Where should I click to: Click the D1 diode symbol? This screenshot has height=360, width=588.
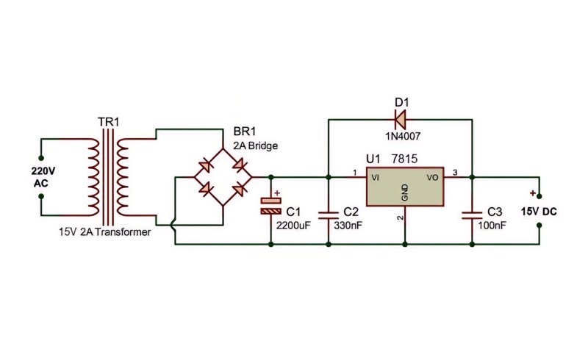pos(400,120)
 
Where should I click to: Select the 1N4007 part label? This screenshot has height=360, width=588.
pos(403,136)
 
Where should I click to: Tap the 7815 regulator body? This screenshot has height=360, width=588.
pos(405,187)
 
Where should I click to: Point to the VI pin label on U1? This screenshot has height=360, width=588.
pos(375,177)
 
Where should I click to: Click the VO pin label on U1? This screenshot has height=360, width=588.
pos(432,177)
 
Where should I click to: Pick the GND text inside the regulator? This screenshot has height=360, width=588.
pos(405,192)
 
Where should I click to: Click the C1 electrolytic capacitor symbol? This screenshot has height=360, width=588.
pos(270,206)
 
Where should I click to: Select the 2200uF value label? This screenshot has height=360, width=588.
pos(293,226)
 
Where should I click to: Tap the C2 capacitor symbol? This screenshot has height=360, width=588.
pos(329,215)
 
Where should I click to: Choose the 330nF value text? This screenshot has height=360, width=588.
pos(348,226)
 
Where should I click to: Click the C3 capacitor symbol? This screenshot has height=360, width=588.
pos(472,215)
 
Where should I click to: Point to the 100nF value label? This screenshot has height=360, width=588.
pos(492,226)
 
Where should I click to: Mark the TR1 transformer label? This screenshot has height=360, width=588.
pos(108,122)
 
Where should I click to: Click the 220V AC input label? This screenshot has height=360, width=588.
pos(43,177)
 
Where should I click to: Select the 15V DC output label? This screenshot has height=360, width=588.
pos(539,212)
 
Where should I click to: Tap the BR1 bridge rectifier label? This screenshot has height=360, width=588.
pos(245,132)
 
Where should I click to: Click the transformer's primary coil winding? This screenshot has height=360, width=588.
pos(93,177)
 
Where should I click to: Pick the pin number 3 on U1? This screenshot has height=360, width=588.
pos(455,173)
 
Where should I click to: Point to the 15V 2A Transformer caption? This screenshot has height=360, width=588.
pos(104,231)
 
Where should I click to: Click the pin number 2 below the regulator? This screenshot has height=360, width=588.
pos(400,217)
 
